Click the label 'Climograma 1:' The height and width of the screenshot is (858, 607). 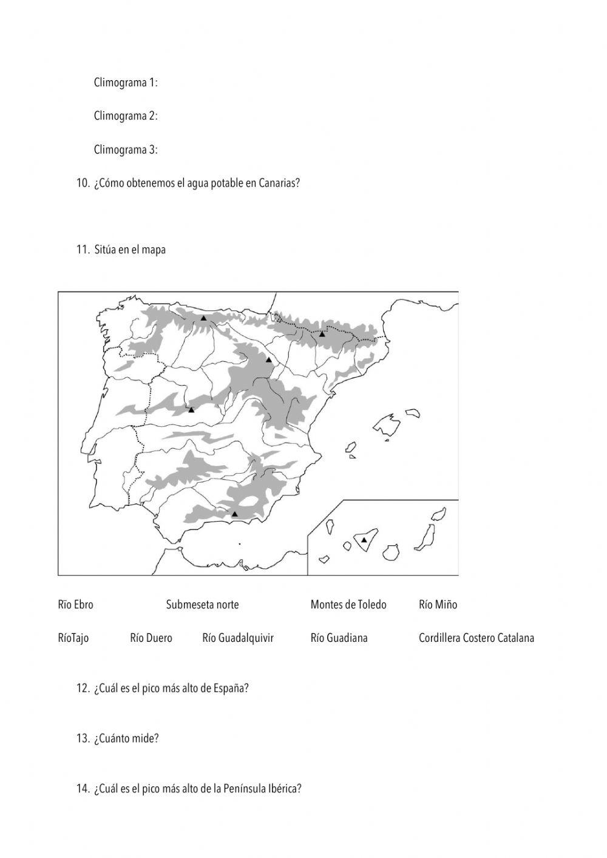click(126, 83)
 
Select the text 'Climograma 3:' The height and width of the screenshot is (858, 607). click(126, 150)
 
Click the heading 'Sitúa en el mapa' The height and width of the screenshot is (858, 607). click(130, 250)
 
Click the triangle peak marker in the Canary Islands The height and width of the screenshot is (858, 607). click(364, 540)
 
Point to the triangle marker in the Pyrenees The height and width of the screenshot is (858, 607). click(322, 334)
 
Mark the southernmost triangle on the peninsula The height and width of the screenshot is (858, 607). click(235, 514)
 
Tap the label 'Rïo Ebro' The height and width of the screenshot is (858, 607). click(76, 605)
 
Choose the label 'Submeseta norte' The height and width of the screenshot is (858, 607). click(202, 605)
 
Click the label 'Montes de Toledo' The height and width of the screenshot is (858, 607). click(348, 605)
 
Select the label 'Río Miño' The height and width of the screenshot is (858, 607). click(438, 605)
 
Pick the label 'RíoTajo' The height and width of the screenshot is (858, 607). click(73, 638)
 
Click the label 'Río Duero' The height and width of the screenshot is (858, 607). click(151, 638)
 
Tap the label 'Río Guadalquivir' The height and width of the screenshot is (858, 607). click(238, 638)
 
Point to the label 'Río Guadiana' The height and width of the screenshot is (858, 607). click(339, 638)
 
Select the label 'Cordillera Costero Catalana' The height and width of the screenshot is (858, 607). click(476, 638)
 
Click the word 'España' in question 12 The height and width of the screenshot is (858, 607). click(232, 689)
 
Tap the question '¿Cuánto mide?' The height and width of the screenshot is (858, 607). click(126, 739)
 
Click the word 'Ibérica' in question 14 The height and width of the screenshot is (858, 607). click(285, 789)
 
